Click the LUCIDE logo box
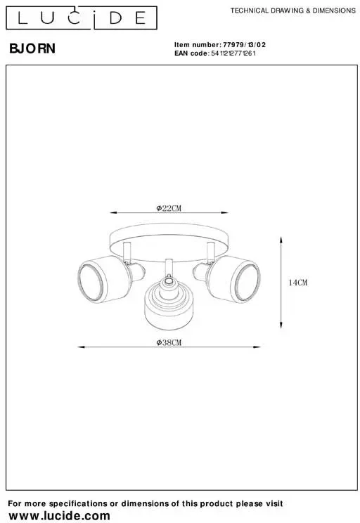[82, 18]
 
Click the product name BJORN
[32, 49]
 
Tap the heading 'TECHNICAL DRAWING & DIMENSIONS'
[293, 11]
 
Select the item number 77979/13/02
[244, 45]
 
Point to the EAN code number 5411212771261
[233, 53]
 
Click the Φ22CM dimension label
[169, 208]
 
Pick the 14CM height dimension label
[298, 283]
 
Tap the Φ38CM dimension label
[169, 342]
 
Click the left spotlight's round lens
[90, 282]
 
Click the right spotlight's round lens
[248, 282]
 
